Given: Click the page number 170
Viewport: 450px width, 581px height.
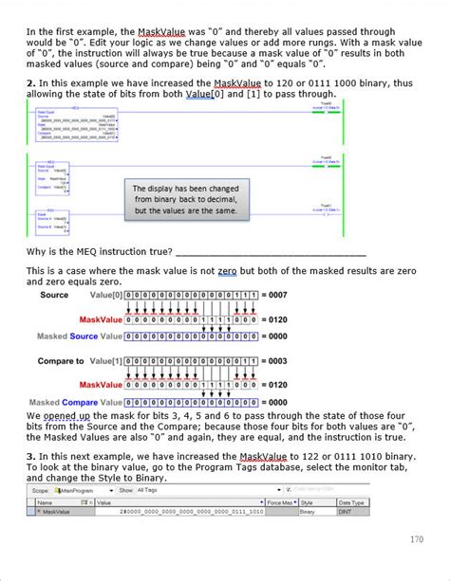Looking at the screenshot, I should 417,539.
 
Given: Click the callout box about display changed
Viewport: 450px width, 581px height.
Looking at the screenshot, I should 185,199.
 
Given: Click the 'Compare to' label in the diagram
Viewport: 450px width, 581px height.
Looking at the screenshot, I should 62,361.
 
